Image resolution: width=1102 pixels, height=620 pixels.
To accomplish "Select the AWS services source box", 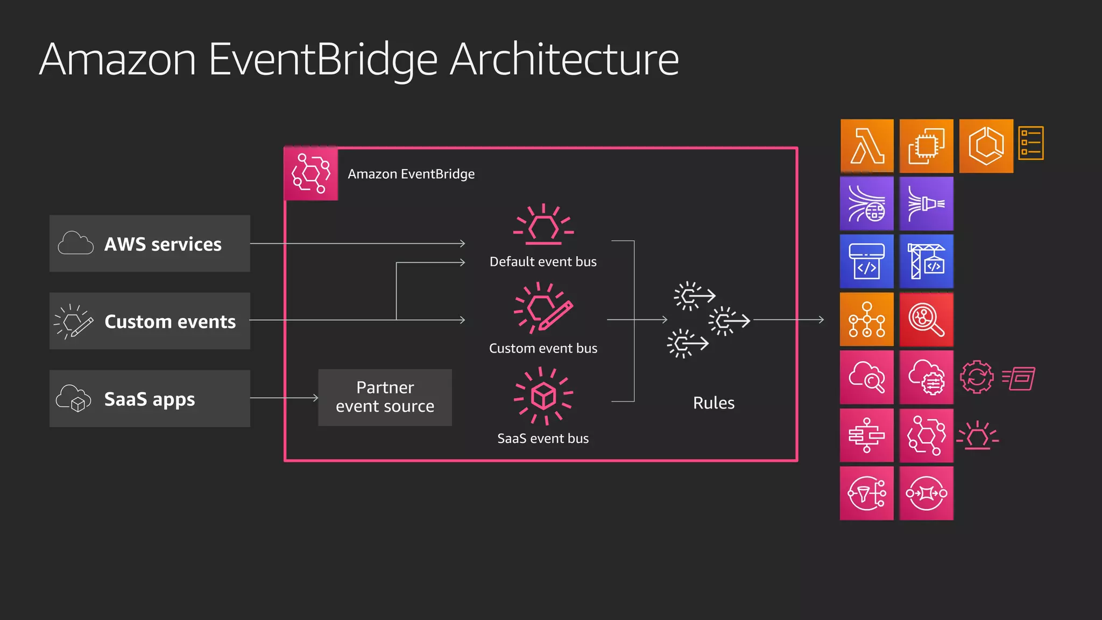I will coord(150,244).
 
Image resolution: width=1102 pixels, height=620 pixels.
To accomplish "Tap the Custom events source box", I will coord(150,321).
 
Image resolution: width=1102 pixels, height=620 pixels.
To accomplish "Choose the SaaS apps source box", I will coord(150,399).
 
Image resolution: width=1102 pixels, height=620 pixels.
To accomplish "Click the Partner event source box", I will coord(385,397).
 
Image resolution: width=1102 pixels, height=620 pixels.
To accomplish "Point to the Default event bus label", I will coord(543,262).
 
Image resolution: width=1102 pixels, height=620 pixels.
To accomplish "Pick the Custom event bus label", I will coord(543,349).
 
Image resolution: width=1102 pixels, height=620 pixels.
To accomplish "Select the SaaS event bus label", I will coord(543,439).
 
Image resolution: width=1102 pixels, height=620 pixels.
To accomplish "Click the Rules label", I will coord(714,403).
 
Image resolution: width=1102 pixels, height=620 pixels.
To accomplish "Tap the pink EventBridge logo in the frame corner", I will coord(311,174).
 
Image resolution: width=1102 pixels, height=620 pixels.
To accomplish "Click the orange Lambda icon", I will coord(867,146).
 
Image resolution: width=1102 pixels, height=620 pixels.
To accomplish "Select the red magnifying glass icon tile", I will coord(926,320).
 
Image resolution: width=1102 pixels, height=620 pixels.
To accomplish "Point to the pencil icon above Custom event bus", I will coord(556,315).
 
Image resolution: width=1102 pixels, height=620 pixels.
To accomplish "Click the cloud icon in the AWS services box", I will coord(75,243).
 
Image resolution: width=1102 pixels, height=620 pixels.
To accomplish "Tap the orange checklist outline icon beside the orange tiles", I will coord(1031,143).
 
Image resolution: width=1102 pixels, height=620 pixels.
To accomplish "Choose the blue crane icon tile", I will coord(926,262).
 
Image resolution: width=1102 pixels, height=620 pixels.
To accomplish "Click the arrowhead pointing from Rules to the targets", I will coord(821,320).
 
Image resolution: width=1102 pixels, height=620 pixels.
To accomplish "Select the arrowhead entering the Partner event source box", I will coord(316,398).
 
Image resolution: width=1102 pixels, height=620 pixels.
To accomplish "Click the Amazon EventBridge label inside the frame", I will coord(411,174).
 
